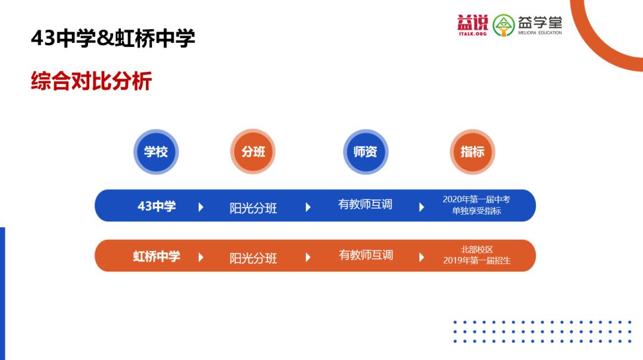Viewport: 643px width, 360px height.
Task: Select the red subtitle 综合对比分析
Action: pyautogui.click(x=91, y=81)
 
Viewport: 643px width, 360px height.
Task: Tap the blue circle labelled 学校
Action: pyautogui.click(x=156, y=152)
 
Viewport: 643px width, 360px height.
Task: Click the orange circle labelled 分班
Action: pyautogui.click(x=253, y=152)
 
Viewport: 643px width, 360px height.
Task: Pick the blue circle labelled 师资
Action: pyautogui.click(x=366, y=152)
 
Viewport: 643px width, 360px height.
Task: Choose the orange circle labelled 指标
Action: pyautogui.click(x=473, y=152)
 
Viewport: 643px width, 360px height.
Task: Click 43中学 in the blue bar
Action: pyautogui.click(x=157, y=206)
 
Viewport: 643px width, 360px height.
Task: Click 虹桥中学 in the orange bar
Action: pyautogui.click(x=156, y=256)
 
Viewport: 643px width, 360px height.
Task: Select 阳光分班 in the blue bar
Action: pyautogui.click(x=253, y=208)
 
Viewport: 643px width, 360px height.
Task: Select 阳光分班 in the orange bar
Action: pyautogui.click(x=253, y=258)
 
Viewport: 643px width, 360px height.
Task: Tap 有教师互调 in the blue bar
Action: pyautogui.click(x=365, y=205)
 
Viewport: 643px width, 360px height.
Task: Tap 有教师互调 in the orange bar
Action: pyautogui.click(x=366, y=255)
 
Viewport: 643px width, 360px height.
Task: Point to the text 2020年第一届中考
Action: pyautogui.click(x=476, y=199)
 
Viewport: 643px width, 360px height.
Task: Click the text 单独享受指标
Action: pyautogui.click(x=476, y=211)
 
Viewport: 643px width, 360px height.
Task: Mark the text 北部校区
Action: pyautogui.click(x=477, y=249)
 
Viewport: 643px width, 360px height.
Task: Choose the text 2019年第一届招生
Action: pyautogui.click(x=477, y=261)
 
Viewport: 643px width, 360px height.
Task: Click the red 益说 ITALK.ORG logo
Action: pyautogui.click(x=473, y=25)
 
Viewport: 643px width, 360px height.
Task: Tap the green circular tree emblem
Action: pyautogui.click(x=504, y=26)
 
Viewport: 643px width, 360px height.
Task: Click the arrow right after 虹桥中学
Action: pyautogui.click(x=201, y=257)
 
